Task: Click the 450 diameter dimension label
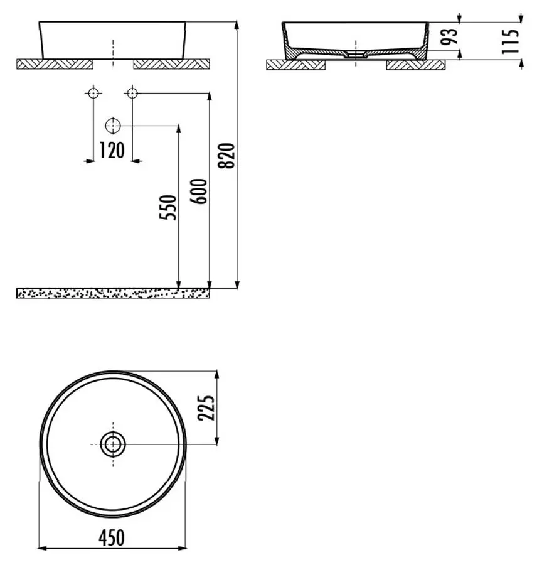click(x=112, y=537)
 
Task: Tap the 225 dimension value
click(x=206, y=408)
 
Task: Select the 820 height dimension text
click(x=226, y=156)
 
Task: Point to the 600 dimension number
click(x=198, y=191)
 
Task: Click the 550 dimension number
click(x=168, y=207)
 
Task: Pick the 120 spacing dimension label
click(x=112, y=151)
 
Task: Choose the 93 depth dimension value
click(x=449, y=36)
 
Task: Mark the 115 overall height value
click(x=510, y=41)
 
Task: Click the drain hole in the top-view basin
click(x=113, y=444)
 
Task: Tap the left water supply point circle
click(x=93, y=94)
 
